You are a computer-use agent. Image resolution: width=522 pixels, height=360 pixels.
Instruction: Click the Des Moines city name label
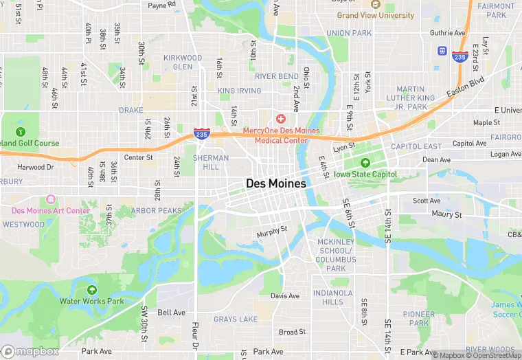click(x=276, y=183)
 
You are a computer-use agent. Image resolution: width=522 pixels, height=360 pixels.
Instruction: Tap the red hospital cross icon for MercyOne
click(x=281, y=120)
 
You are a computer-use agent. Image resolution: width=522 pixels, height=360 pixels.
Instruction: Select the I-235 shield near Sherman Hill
click(x=201, y=134)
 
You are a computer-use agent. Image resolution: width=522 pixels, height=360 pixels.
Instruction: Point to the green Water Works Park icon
click(x=91, y=290)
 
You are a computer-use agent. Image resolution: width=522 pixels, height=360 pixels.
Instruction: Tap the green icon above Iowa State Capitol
click(x=365, y=163)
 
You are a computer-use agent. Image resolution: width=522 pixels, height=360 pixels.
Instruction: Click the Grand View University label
click(x=376, y=15)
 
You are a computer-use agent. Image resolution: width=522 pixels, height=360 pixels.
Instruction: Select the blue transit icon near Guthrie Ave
click(x=442, y=51)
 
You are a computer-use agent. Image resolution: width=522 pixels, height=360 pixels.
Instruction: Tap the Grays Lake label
click(x=236, y=319)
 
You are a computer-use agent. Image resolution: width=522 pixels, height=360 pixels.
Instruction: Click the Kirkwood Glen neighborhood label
click(x=183, y=63)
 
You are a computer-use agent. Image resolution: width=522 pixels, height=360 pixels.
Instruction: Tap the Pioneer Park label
click(x=418, y=319)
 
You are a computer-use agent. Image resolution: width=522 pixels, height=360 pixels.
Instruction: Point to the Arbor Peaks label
click(x=157, y=210)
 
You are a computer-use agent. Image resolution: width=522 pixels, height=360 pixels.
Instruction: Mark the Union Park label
click(x=349, y=33)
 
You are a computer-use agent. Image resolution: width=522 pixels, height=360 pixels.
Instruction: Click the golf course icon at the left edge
click(x=20, y=131)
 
